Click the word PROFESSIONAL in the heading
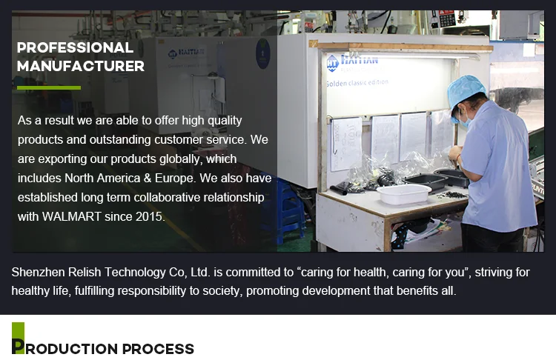pos(75,48)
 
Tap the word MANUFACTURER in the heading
pos(81,66)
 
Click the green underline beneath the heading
pos(49,87)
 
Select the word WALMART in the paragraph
pos(72,216)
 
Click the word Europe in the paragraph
pos(175,179)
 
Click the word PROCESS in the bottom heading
pos(158,349)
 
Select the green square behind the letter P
pos(18,338)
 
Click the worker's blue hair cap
pos(465,90)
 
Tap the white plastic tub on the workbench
pos(403,194)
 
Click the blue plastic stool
pos(285,209)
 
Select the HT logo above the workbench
pos(332,64)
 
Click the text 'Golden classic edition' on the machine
pos(357,83)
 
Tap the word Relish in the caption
pos(85,272)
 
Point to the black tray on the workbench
pos(426,181)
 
